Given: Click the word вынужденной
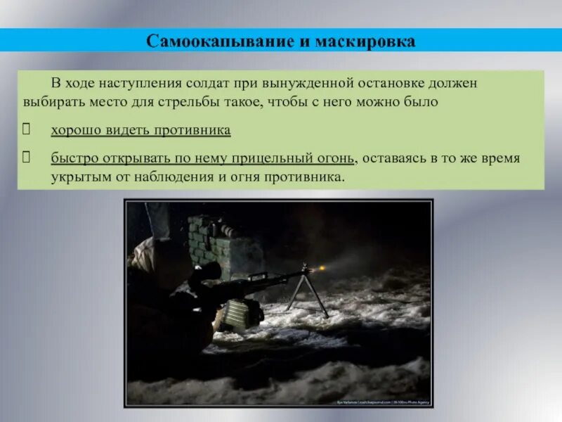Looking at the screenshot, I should (311, 83).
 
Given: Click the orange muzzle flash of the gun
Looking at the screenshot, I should (322, 269).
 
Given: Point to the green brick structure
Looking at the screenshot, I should (209, 239).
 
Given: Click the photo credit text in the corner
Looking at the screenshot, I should (383, 402).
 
